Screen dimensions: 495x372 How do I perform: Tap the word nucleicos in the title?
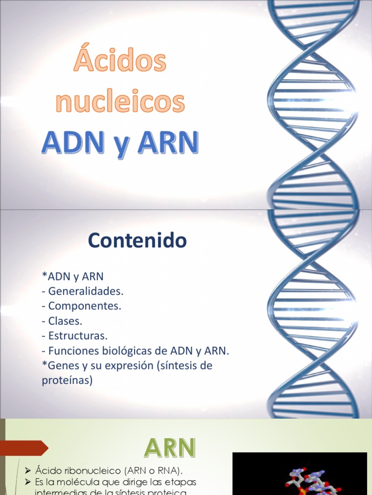(x=120, y=102)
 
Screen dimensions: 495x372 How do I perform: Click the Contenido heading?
(x=137, y=240)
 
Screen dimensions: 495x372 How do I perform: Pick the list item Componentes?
(x=84, y=306)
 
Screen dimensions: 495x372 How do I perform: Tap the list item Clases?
(x=65, y=320)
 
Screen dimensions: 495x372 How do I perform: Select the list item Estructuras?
(x=77, y=335)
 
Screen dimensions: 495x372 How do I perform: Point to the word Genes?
(x=61, y=365)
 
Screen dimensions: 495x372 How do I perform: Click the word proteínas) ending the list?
(x=67, y=380)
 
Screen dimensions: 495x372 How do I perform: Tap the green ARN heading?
(x=170, y=448)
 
